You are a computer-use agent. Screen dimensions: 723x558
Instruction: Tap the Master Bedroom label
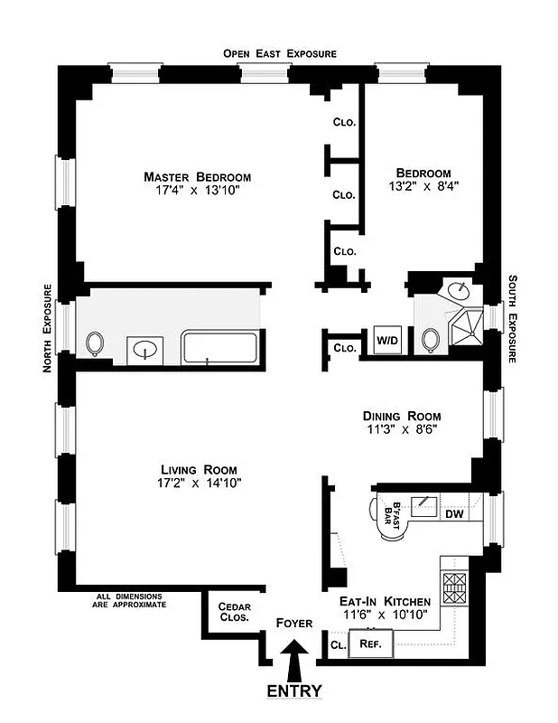[198, 177]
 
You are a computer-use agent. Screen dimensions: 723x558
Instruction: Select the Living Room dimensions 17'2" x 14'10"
[199, 484]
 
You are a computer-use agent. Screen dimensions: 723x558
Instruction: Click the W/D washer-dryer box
[386, 342]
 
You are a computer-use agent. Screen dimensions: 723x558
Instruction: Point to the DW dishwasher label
[454, 514]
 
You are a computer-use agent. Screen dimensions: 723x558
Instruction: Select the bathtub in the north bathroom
[220, 347]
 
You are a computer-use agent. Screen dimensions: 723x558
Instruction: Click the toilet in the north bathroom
[96, 343]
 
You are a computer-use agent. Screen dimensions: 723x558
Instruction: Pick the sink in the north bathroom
[144, 348]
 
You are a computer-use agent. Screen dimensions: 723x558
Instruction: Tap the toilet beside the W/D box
[430, 341]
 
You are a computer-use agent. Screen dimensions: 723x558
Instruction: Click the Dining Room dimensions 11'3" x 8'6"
[402, 430]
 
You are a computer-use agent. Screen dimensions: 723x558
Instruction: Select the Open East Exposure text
[280, 54]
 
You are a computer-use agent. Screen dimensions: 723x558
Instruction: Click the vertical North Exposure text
[44, 328]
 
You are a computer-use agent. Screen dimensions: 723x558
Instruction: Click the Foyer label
[294, 624]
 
